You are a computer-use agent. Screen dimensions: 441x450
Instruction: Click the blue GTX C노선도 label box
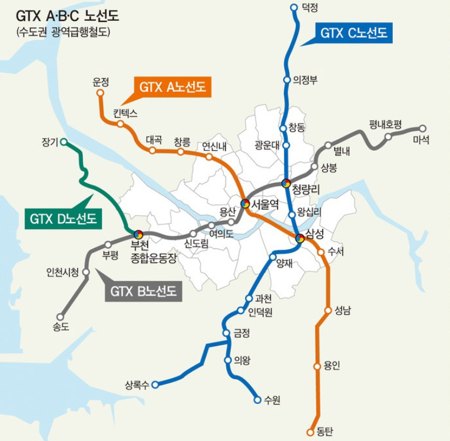point(353,34)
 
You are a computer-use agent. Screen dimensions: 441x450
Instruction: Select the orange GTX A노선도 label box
point(172,88)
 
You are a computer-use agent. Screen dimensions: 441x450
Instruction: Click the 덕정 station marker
point(295,7)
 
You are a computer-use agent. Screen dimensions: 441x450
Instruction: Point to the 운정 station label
point(101,82)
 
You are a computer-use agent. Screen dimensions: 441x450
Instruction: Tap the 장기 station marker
point(64,142)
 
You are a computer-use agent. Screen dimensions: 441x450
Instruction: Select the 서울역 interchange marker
point(245,204)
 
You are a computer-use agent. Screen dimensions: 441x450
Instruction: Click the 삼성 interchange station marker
point(300,238)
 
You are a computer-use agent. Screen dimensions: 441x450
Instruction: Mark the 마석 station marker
point(422,128)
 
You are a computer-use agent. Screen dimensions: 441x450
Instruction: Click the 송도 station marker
point(60,316)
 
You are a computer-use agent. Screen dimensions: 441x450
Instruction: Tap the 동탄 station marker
point(310,432)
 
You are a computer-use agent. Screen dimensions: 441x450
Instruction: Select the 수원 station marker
point(257,400)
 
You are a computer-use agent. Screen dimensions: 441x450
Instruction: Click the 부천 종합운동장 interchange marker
point(138,234)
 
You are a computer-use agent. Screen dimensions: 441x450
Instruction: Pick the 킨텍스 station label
point(125,113)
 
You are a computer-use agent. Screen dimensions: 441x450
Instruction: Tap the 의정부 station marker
point(287,80)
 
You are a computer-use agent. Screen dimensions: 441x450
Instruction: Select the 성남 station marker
point(328,310)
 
